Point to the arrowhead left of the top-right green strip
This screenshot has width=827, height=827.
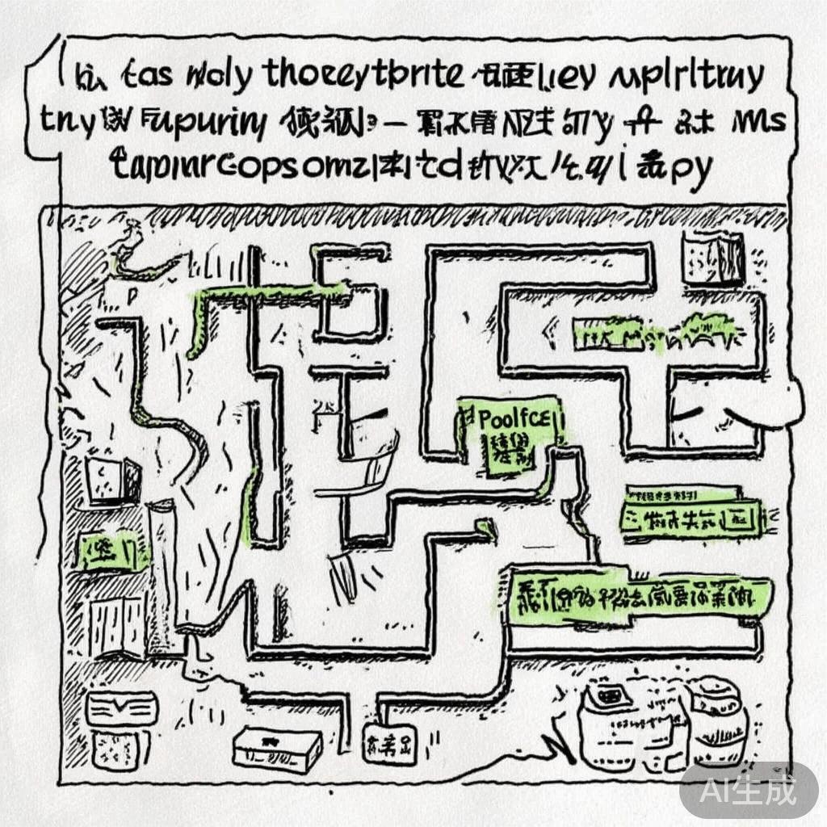(555, 327)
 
